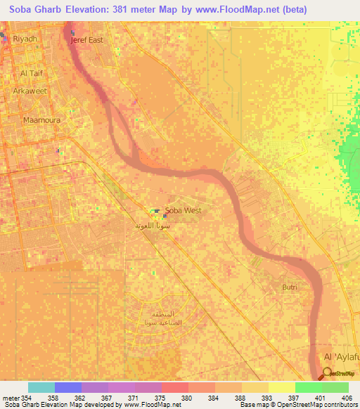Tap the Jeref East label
tap(86, 40)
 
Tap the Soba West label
tap(183, 210)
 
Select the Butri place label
tap(289, 287)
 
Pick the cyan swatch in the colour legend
tap(41, 387)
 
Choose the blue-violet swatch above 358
tap(67, 387)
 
